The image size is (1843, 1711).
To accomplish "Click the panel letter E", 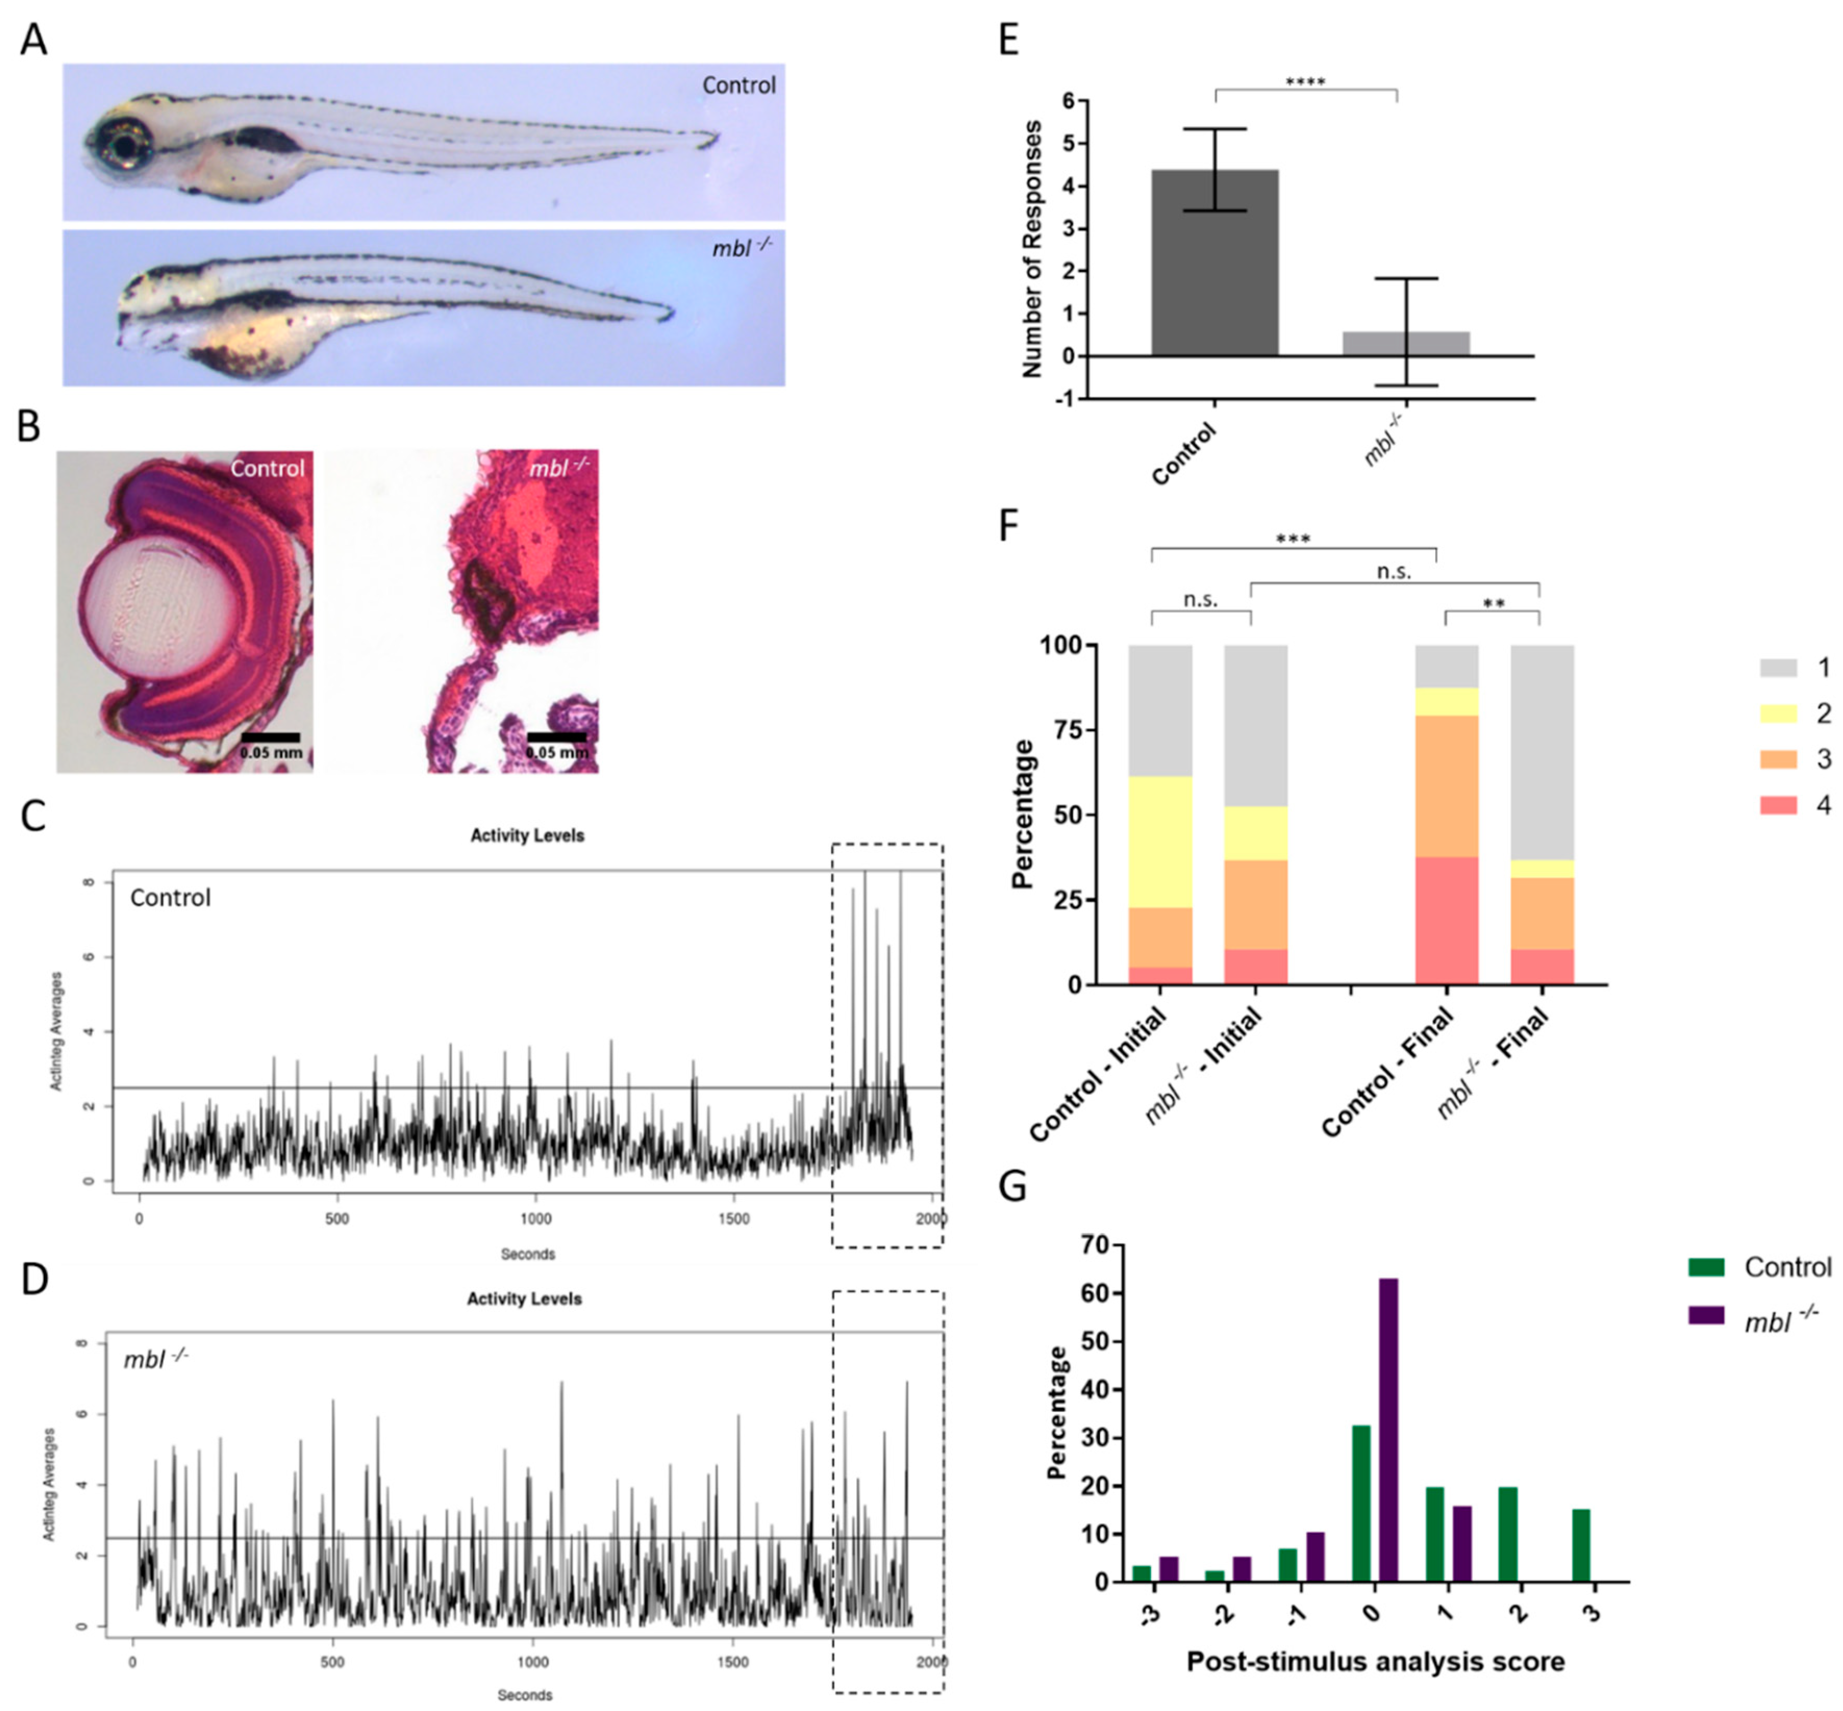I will click(1009, 41).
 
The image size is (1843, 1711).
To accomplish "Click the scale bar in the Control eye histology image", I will click(270, 737).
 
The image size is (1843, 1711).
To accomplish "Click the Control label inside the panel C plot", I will click(170, 897).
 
